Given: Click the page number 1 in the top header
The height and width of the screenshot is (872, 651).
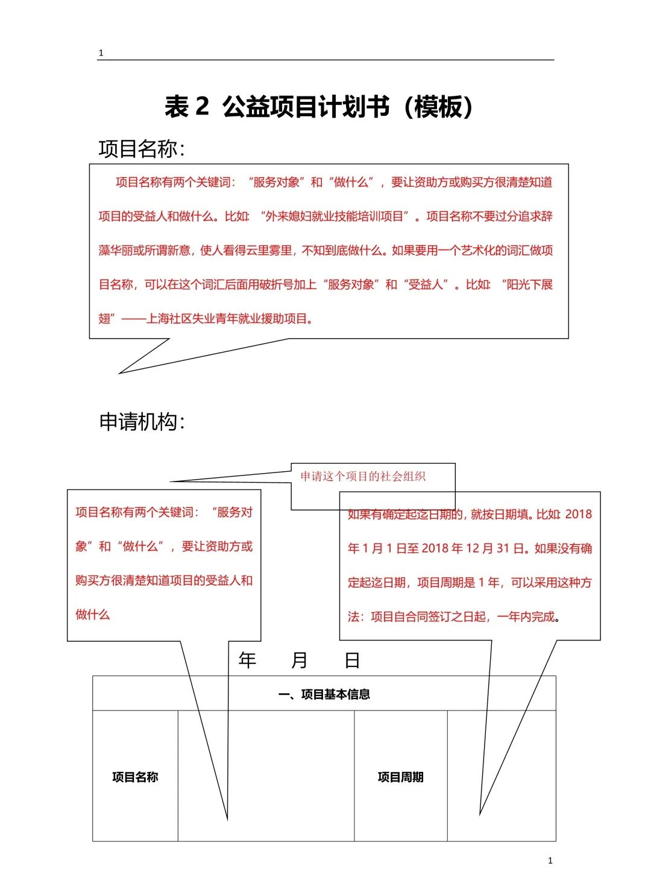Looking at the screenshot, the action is [101, 53].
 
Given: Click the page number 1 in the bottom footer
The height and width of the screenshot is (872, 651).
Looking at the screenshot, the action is [550, 860].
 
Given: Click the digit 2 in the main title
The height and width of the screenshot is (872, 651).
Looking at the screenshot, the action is [202, 106].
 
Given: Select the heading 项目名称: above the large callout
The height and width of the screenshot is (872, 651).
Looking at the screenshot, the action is [142, 149].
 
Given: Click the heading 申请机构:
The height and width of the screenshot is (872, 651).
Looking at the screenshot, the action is [142, 421].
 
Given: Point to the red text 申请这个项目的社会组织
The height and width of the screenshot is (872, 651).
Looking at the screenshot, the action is [363, 476].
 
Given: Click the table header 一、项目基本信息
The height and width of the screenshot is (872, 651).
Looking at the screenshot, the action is [324, 694].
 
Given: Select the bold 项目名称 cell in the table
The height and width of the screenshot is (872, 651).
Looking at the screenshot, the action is [135, 777].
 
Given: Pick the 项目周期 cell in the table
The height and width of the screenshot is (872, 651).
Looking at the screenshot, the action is [400, 777].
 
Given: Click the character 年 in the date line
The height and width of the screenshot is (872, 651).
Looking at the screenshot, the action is [247, 660].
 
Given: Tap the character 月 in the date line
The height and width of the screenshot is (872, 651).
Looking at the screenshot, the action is [300, 660].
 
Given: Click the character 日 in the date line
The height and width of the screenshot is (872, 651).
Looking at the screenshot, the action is [352, 660].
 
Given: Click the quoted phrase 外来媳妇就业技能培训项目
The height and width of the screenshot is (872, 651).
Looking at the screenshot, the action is [334, 216].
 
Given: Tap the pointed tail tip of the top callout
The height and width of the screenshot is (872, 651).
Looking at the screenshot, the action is [119, 373].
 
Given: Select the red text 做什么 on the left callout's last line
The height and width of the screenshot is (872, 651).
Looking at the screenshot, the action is [93, 615].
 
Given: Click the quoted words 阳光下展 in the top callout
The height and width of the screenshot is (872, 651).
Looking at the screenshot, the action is [529, 284].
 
